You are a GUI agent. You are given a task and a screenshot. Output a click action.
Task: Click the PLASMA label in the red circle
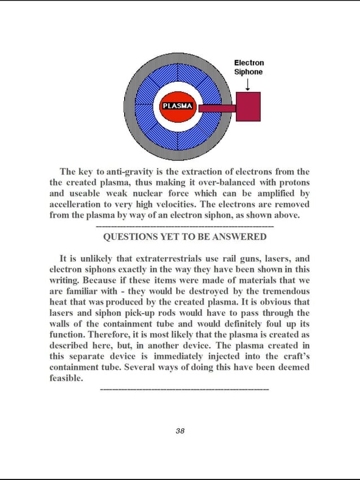tap(177, 105)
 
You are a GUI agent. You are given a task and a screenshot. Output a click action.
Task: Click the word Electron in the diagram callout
tap(249, 63)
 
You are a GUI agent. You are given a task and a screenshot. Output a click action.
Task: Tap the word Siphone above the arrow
tap(248, 72)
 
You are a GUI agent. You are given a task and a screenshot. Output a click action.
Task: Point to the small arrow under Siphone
tap(248, 84)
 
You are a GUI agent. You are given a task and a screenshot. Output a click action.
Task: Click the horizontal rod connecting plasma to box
tap(217, 108)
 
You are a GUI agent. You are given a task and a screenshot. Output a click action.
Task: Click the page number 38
tap(180, 431)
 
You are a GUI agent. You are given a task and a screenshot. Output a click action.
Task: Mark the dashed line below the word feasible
tap(184, 389)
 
